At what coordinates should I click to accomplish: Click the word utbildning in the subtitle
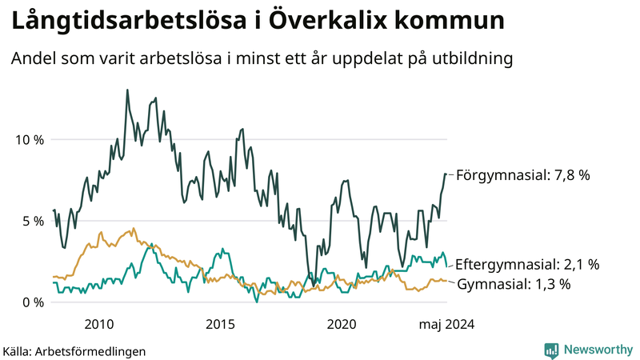(470, 58)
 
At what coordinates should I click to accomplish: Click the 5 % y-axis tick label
(32, 221)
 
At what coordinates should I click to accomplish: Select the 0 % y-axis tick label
(32, 302)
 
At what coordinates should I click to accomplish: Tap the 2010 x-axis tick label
(98, 324)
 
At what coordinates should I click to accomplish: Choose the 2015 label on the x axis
(220, 324)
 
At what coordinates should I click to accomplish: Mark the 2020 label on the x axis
(342, 324)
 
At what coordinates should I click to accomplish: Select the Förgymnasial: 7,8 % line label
(522, 174)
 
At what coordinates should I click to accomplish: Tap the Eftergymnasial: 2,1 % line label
(532, 263)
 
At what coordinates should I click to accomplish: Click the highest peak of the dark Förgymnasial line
(127, 90)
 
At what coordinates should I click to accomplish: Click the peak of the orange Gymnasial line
(133, 228)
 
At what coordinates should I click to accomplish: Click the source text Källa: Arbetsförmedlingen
(74, 350)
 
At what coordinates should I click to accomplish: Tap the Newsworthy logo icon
(551, 350)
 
